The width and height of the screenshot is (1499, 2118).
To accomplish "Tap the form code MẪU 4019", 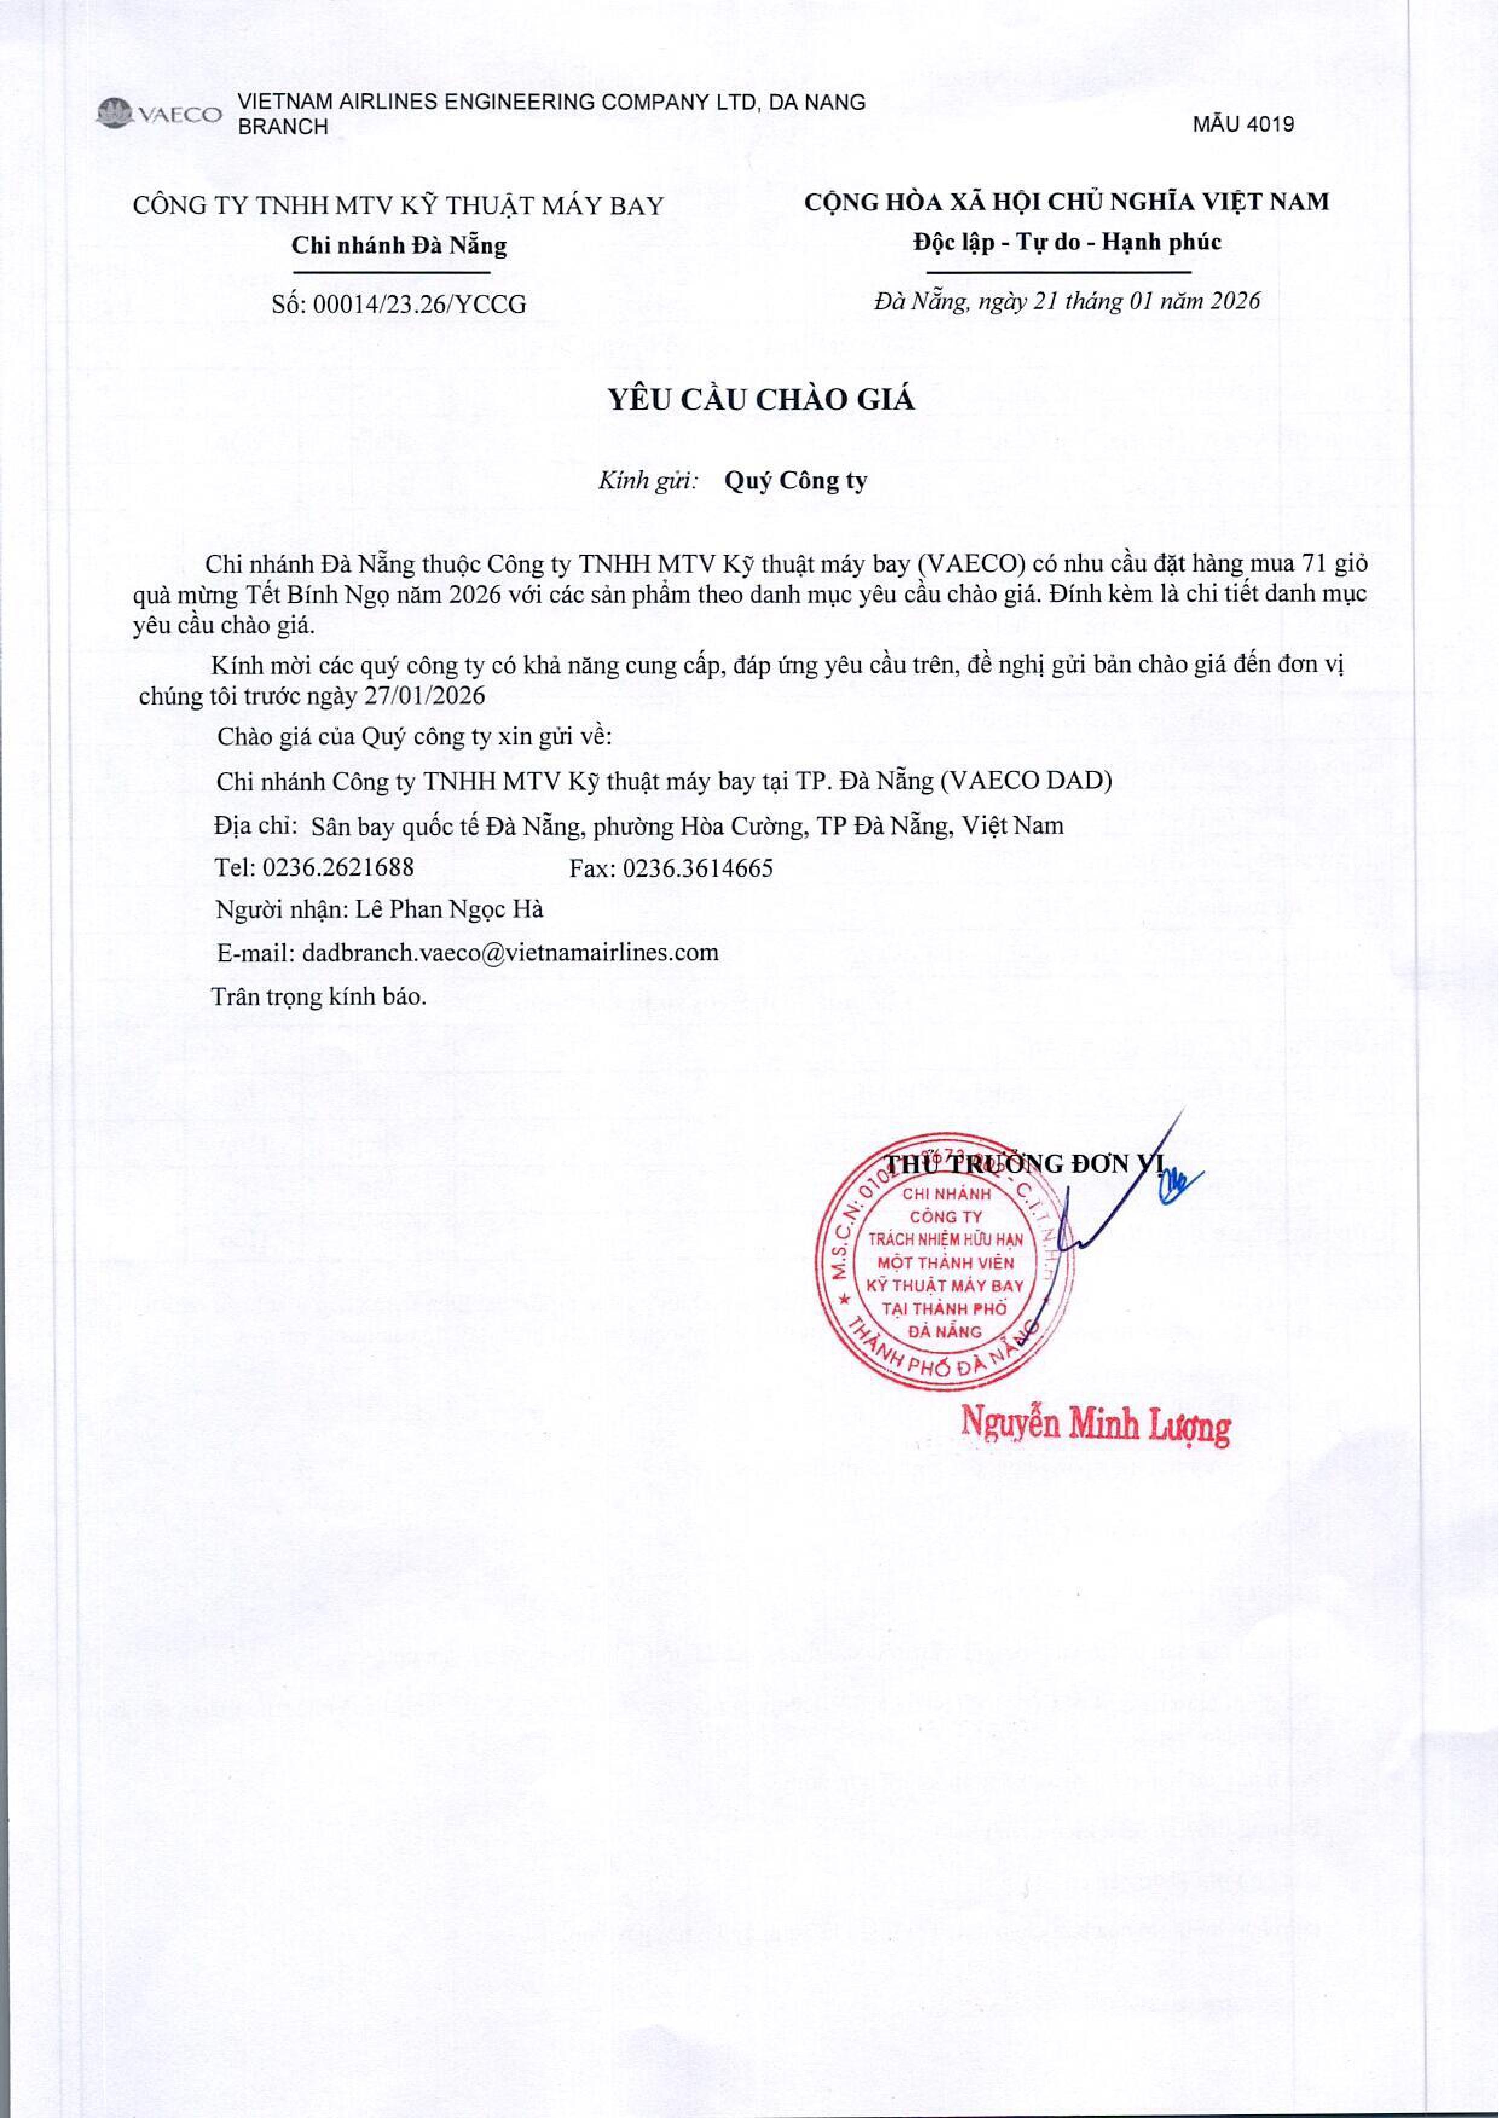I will pyautogui.click(x=1243, y=124).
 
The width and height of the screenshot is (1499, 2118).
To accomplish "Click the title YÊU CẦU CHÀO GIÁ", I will pyautogui.click(x=760, y=399).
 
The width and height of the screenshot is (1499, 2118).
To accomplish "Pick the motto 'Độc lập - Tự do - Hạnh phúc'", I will pyautogui.click(x=1066, y=243).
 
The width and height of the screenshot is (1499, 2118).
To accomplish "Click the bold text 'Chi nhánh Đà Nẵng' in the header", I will pyautogui.click(x=399, y=245).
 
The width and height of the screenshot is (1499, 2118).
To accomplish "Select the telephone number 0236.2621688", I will pyautogui.click(x=338, y=868).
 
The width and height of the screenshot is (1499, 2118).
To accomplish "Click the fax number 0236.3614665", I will pyautogui.click(x=697, y=868).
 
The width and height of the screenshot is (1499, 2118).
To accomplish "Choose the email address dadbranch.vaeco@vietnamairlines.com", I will pyautogui.click(x=510, y=952).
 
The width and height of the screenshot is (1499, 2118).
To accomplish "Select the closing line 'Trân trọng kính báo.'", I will pyautogui.click(x=319, y=996).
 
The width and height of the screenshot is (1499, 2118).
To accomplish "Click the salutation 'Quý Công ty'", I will pyautogui.click(x=795, y=481).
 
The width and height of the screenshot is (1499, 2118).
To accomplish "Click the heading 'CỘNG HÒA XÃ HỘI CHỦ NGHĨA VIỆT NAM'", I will pyautogui.click(x=1066, y=202).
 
